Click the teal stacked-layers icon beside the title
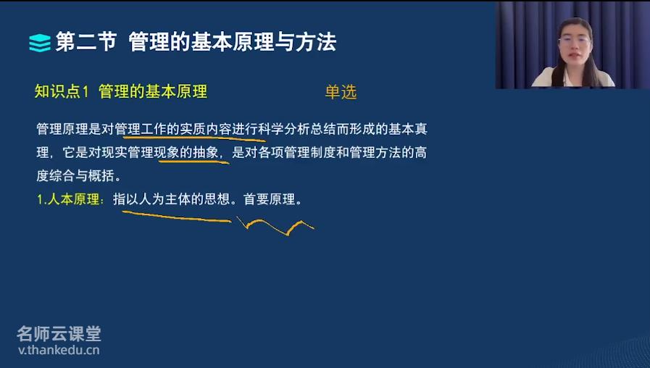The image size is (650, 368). coord(40,43)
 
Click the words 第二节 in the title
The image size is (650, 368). coord(86,42)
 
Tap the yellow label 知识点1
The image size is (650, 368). coord(62,91)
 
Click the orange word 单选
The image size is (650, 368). coord(341,92)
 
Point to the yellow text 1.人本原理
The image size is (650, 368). coord(67,199)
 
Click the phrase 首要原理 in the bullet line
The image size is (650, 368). coord(269,199)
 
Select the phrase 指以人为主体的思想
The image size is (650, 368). coord(171,199)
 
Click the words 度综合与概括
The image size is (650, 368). coord(75,176)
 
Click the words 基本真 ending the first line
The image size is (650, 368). coord(407,129)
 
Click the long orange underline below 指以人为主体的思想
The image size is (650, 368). coord(177,217)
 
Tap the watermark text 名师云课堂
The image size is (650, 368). coord(59,334)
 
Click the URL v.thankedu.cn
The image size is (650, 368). coord(59,350)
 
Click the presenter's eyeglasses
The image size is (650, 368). coord(574,41)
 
